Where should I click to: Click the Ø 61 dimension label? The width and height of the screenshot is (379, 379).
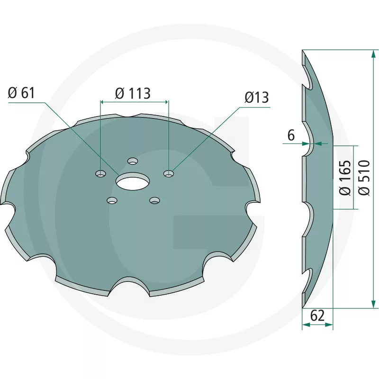pos(21,93)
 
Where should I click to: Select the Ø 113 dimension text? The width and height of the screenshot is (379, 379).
pos(133,93)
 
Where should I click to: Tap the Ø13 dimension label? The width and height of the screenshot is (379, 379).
pos(256,98)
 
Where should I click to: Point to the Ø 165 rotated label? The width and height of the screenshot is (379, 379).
pos(345,177)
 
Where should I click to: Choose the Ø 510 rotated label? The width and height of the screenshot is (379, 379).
pos(364,177)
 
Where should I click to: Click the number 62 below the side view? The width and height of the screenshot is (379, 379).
pos(317,316)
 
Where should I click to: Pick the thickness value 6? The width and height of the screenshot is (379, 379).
pos(291,135)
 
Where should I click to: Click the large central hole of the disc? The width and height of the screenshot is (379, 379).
pos(133,181)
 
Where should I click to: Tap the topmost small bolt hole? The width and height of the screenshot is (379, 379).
pos(133,161)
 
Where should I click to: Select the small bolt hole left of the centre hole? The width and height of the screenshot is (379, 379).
pos(100,173)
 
